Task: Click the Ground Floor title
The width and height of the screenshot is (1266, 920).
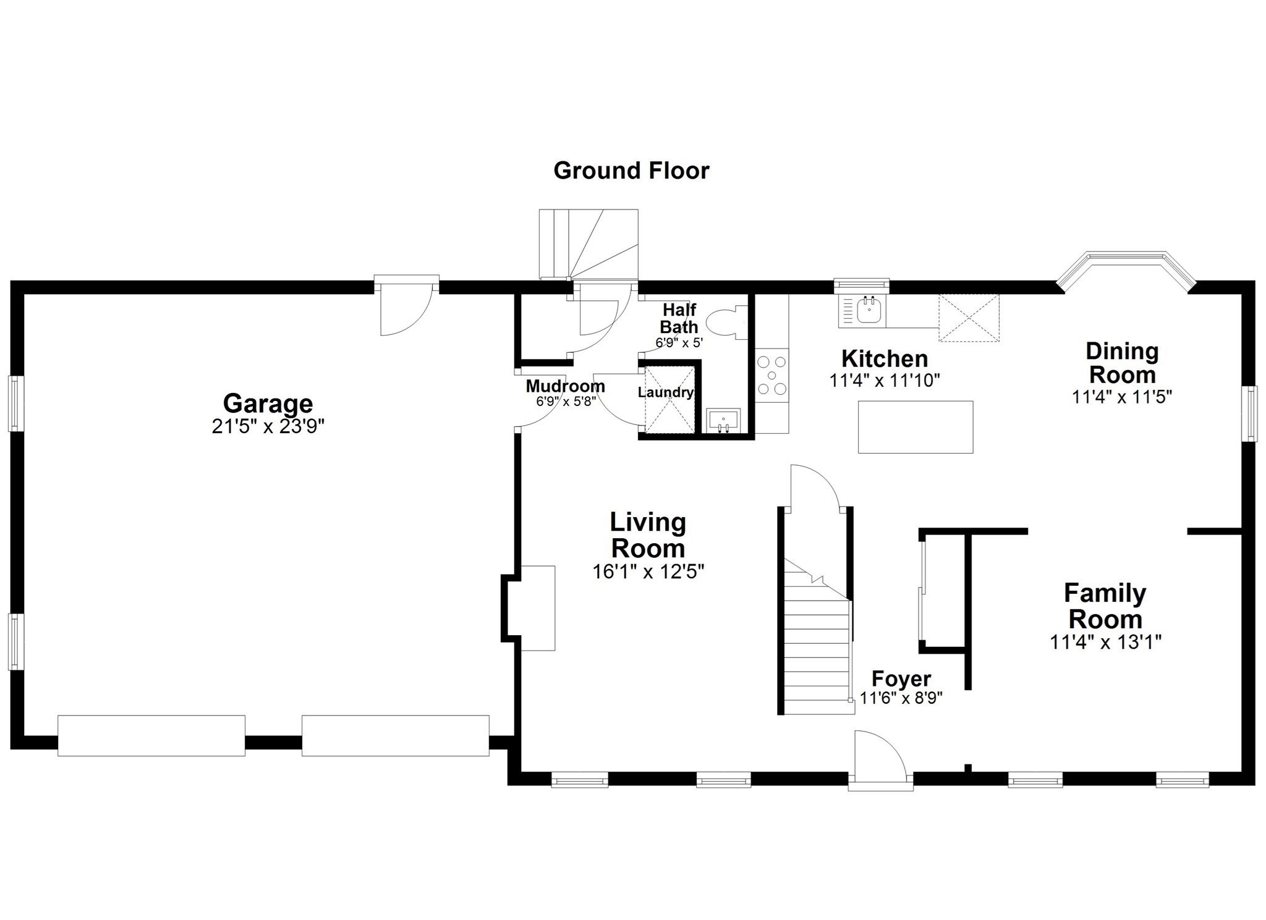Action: [x=631, y=171]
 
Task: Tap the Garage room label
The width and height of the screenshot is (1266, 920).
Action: [x=268, y=403]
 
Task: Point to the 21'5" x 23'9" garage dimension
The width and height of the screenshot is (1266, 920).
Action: [x=268, y=426]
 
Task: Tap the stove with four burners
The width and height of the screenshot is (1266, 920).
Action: [x=772, y=376]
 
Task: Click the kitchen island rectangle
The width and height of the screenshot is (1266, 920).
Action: [x=916, y=427]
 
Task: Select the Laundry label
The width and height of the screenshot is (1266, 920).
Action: [x=665, y=392]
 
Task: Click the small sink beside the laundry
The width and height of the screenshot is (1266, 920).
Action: [x=723, y=421]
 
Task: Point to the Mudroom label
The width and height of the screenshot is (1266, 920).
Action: [x=565, y=386]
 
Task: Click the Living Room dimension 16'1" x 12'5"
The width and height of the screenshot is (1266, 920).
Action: [x=648, y=572]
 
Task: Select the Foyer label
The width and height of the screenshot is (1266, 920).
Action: [x=901, y=678]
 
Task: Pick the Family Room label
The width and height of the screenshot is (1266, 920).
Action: [x=1105, y=606]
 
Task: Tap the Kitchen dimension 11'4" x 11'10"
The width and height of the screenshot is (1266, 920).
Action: [x=885, y=381]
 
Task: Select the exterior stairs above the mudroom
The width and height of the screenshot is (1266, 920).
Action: [x=588, y=244]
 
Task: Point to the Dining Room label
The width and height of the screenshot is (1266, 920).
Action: [x=1121, y=363]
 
